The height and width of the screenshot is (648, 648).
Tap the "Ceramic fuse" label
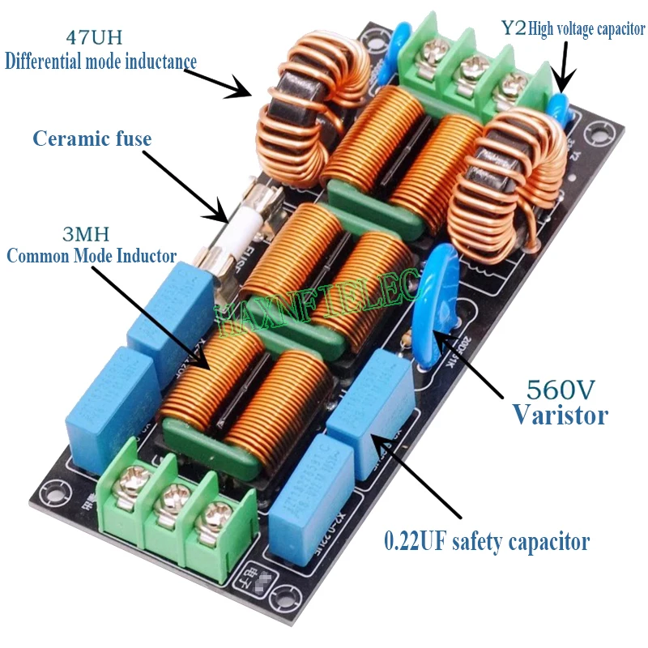92,139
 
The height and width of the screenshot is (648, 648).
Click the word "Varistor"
560,416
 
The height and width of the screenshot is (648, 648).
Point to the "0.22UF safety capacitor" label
487,540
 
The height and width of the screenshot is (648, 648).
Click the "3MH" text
90,234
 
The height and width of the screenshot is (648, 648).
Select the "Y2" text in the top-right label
513,29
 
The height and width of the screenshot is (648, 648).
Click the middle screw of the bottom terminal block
169,501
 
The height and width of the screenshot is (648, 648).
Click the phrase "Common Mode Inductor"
92,256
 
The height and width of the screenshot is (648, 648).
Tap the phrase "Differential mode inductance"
101,62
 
